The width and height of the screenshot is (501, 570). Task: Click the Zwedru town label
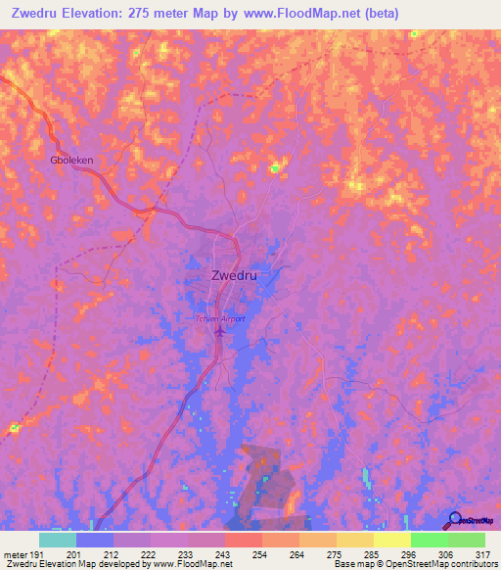pyautogui.click(x=234, y=275)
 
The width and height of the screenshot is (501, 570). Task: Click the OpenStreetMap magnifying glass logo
pyautogui.click(x=454, y=520)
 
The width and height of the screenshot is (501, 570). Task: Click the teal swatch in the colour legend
pyautogui.click(x=57, y=540)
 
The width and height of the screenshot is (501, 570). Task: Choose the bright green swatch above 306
pyautogui.click(x=429, y=540)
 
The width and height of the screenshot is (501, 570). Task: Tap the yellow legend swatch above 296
pyautogui.click(x=391, y=540)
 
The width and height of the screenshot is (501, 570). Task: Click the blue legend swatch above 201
pyautogui.click(x=94, y=540)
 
